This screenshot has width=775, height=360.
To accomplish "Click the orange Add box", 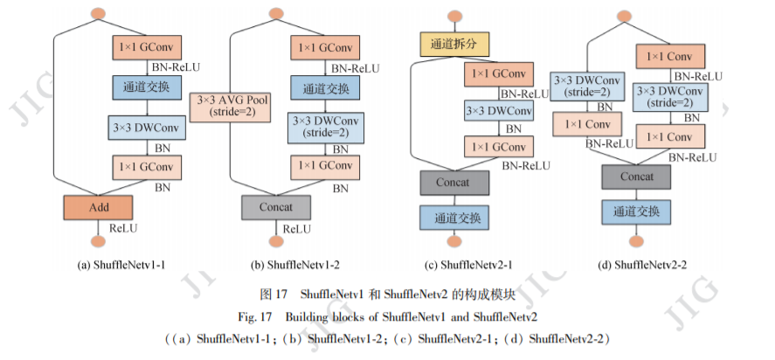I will click(x=97, y=207).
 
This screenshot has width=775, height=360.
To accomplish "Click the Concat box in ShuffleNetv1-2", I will click(x=276, y=208).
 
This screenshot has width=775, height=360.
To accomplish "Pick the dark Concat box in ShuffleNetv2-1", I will click(x=453, y=183).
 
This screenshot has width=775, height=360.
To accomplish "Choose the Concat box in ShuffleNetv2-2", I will click(x=636, y=177).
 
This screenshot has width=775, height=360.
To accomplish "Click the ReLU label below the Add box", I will click(x=123, y=229).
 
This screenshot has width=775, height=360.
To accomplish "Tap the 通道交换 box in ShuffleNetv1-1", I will click(x=146, y=87).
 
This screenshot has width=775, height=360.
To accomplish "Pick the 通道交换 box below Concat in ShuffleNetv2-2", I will click(x=636, y=211).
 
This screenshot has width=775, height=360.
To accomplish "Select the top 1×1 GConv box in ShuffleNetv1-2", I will click(x=324, y=48).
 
